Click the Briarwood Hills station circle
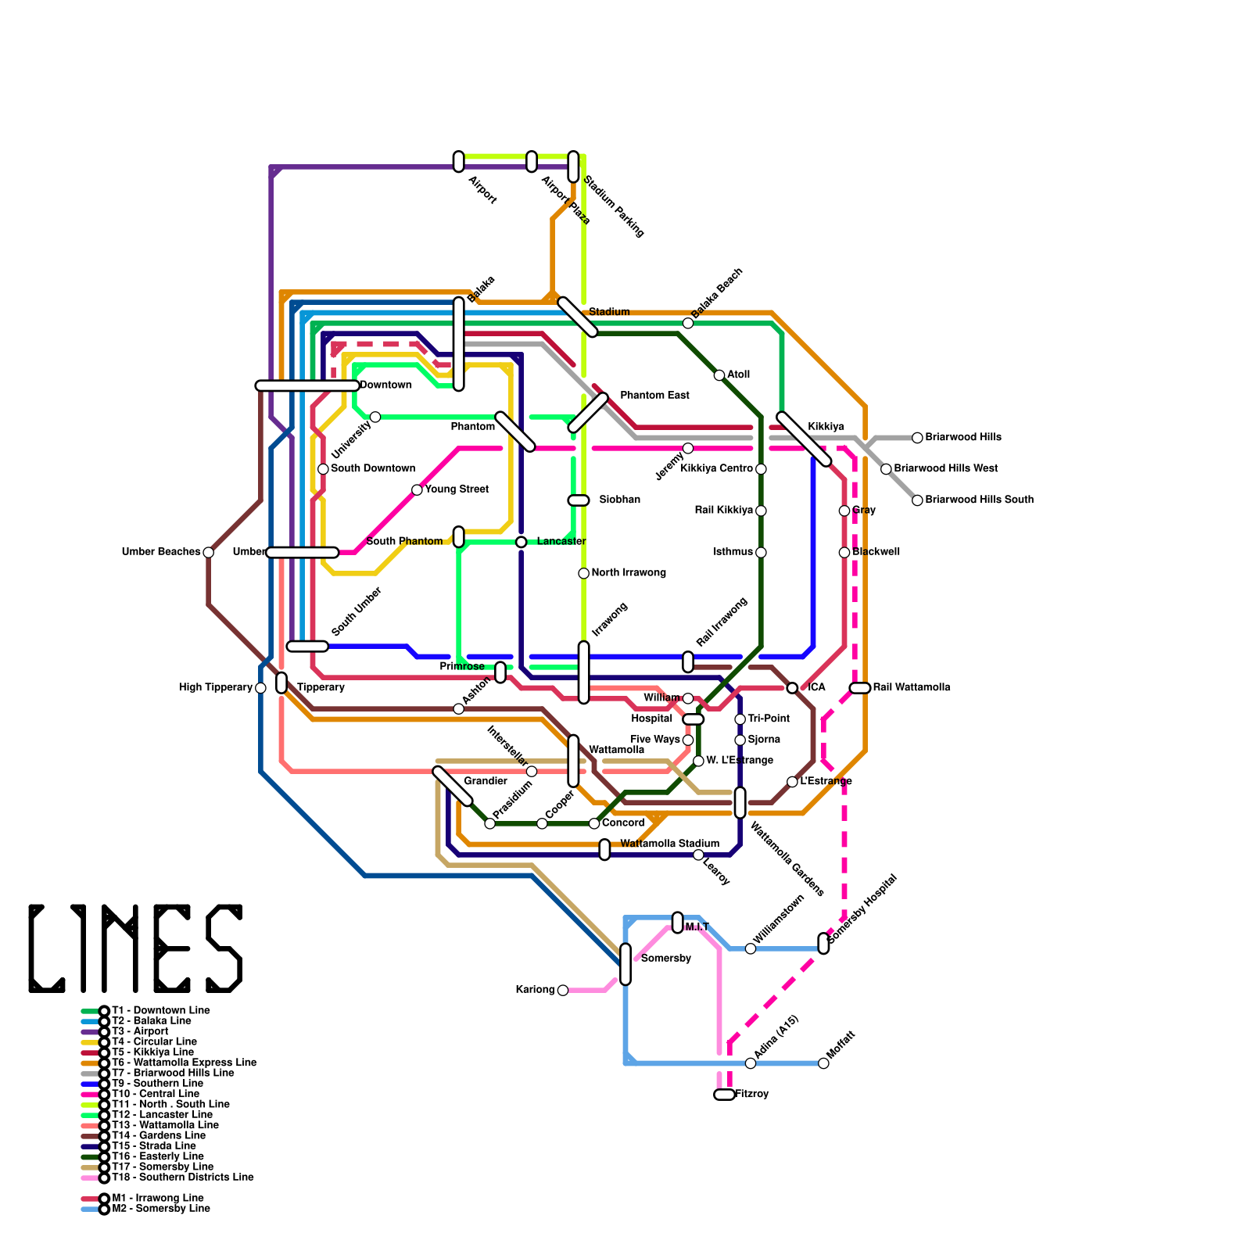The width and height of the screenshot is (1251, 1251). pyautogui.click(x=917, y=438)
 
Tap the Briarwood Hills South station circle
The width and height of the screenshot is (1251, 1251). pyautogui.click(x=917, y=500)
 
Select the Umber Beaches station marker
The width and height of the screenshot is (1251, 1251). pyautogui.click(x=209, y=553)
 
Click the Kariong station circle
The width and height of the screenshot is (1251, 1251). pyautogui.click(x=563, y=991)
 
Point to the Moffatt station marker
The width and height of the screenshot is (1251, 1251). pyautogui.click(x=823, y=1063)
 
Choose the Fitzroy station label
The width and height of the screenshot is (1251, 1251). pyautogui.click(x=752, y=1095)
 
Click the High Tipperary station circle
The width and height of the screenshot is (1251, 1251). pyautogui.click(x=260, y=688)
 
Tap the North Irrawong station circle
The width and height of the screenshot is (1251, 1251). pyautogui.click(x=583, y=574)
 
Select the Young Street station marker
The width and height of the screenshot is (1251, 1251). pyautogui.click(x=417, y=490)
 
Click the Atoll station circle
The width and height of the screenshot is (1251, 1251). pyautogui.click(x=719, y=375)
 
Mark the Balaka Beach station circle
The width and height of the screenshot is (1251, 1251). pyautogui.click(x=688, y=324)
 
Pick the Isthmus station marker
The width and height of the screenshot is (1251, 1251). pyautogui.click(x=761, y=553)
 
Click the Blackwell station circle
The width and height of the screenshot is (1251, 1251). pyautogui.click(x=844, y=553)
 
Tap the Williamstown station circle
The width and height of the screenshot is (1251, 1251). pyautogui.click(x=751, y=949)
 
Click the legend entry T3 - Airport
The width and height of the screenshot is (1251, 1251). pyautogui.click(x=140, y=1032)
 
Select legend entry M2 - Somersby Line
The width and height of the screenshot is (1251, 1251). pyautogui.click(x=160, y=1209)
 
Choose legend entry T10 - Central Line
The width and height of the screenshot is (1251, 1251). pyautogui.click(x=155, y=1094)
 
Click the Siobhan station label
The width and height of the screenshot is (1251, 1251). pyautogui.click(x=619, y=500)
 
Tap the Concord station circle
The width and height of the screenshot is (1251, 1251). pyautogui.click(x=594, y=824)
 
